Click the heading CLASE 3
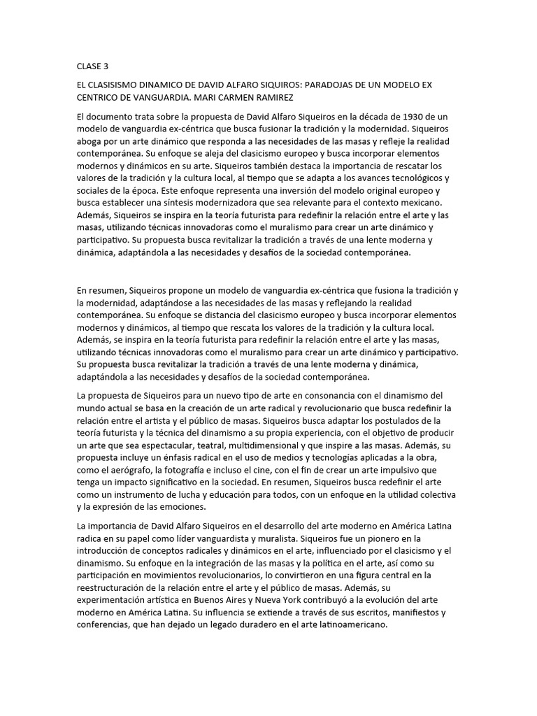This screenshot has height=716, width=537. pyautogui.click(x=93, y=66)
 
